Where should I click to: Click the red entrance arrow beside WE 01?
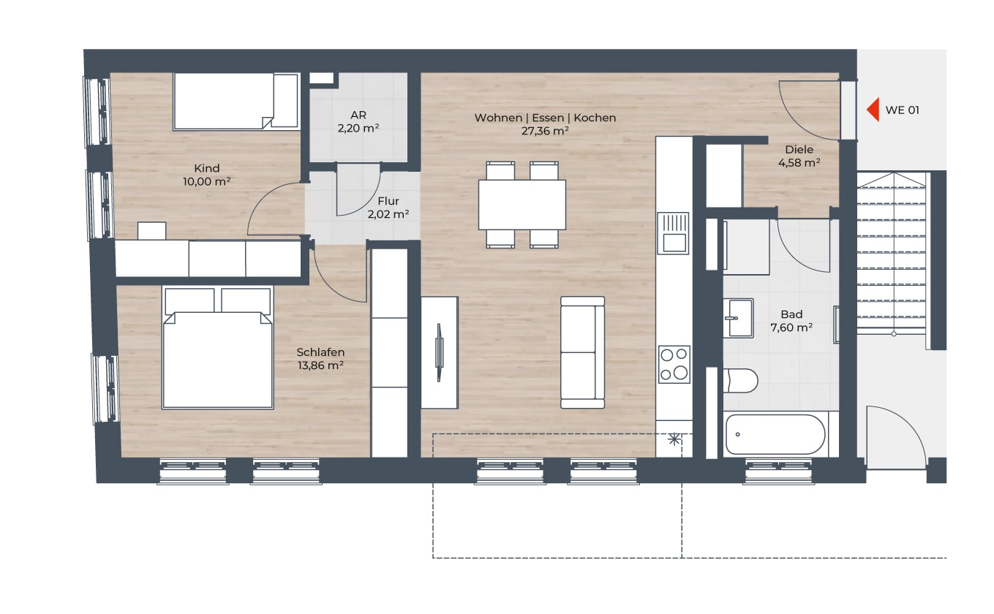pos(873,110)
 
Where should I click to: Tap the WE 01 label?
pos(902,110)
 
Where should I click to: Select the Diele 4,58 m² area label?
pos(799,156)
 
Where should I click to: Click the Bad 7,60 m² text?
pos(791,321)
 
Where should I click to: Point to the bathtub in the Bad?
pos(776,434)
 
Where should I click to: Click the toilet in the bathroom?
pos(740,381)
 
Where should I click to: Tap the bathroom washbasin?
pos(738,318)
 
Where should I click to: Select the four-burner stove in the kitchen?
pos(674,365)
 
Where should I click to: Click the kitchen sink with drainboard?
pos(673,233)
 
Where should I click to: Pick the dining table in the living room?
pos(522,205)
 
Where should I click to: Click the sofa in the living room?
pos(583,352)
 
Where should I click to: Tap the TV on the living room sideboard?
pos(440,352)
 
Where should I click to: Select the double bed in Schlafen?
pos(217,347)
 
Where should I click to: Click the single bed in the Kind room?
pos(236,102)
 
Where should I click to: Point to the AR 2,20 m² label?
pos(358,121)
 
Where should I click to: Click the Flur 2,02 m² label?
pos(388,208)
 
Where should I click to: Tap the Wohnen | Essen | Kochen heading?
pos(546,118)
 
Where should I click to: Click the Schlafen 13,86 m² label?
pos(320,359)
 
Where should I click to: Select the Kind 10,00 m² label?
pos(207,175)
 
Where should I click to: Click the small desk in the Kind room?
pos(151,231)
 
